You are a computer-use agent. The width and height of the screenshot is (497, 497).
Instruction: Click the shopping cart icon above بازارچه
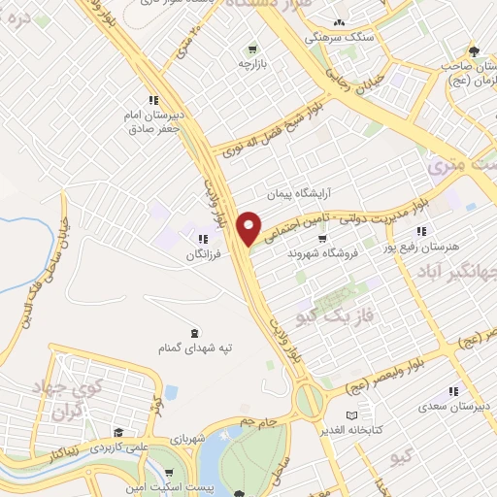252,49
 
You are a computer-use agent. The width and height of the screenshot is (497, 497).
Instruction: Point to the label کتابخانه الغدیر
354,427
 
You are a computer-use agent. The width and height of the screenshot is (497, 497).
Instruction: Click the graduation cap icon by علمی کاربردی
116,433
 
